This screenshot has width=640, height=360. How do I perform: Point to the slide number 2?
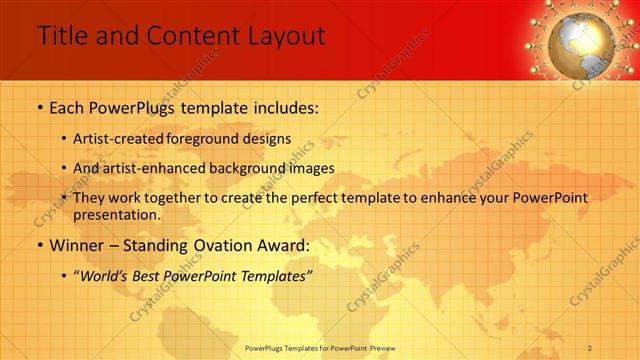[591, 347]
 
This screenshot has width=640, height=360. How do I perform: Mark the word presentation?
[115, 214]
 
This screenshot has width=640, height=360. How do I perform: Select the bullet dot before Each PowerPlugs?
[40, 106]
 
